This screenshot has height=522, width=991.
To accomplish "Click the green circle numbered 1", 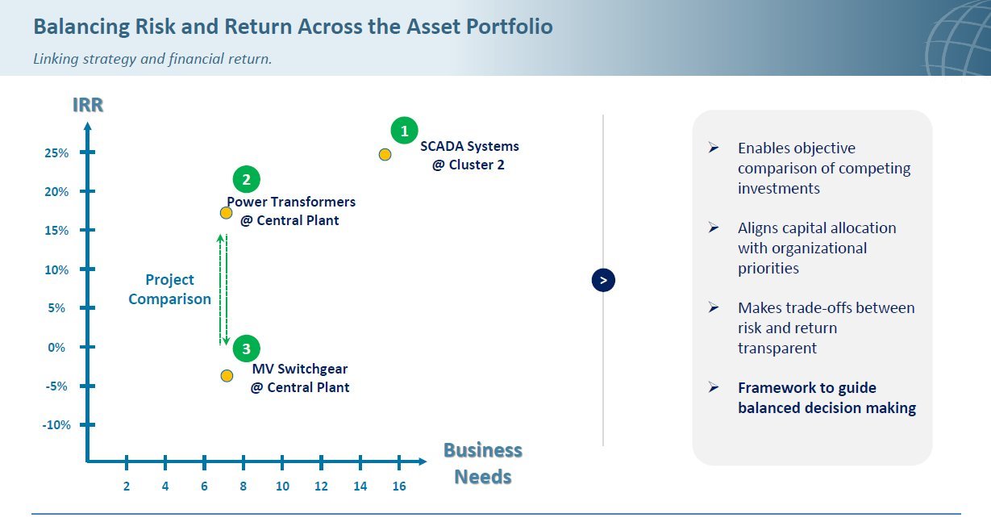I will point(405,131).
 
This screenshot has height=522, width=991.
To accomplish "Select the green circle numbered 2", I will point(247,179).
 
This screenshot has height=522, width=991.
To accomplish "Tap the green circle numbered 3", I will point(247,349).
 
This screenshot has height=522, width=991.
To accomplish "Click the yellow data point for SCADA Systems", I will point(385,155).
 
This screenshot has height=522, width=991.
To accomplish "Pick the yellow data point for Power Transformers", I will point(227,213).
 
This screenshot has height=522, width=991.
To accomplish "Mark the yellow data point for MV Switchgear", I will point(227,376).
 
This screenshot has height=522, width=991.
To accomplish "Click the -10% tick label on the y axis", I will point(56,425).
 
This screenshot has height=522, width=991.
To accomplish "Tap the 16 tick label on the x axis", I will point(399,487).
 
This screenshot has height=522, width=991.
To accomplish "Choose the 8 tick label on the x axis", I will point(244,487).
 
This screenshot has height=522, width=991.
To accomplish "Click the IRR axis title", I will point(88,105).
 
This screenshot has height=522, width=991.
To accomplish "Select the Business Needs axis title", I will point(482,463).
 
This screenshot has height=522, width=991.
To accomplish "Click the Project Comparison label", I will point(169,289).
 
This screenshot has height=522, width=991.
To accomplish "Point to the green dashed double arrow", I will point(223,290).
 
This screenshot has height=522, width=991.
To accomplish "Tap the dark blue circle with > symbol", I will point(603,280).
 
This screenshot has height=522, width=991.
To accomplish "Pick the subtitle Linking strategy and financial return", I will point(152,59).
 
